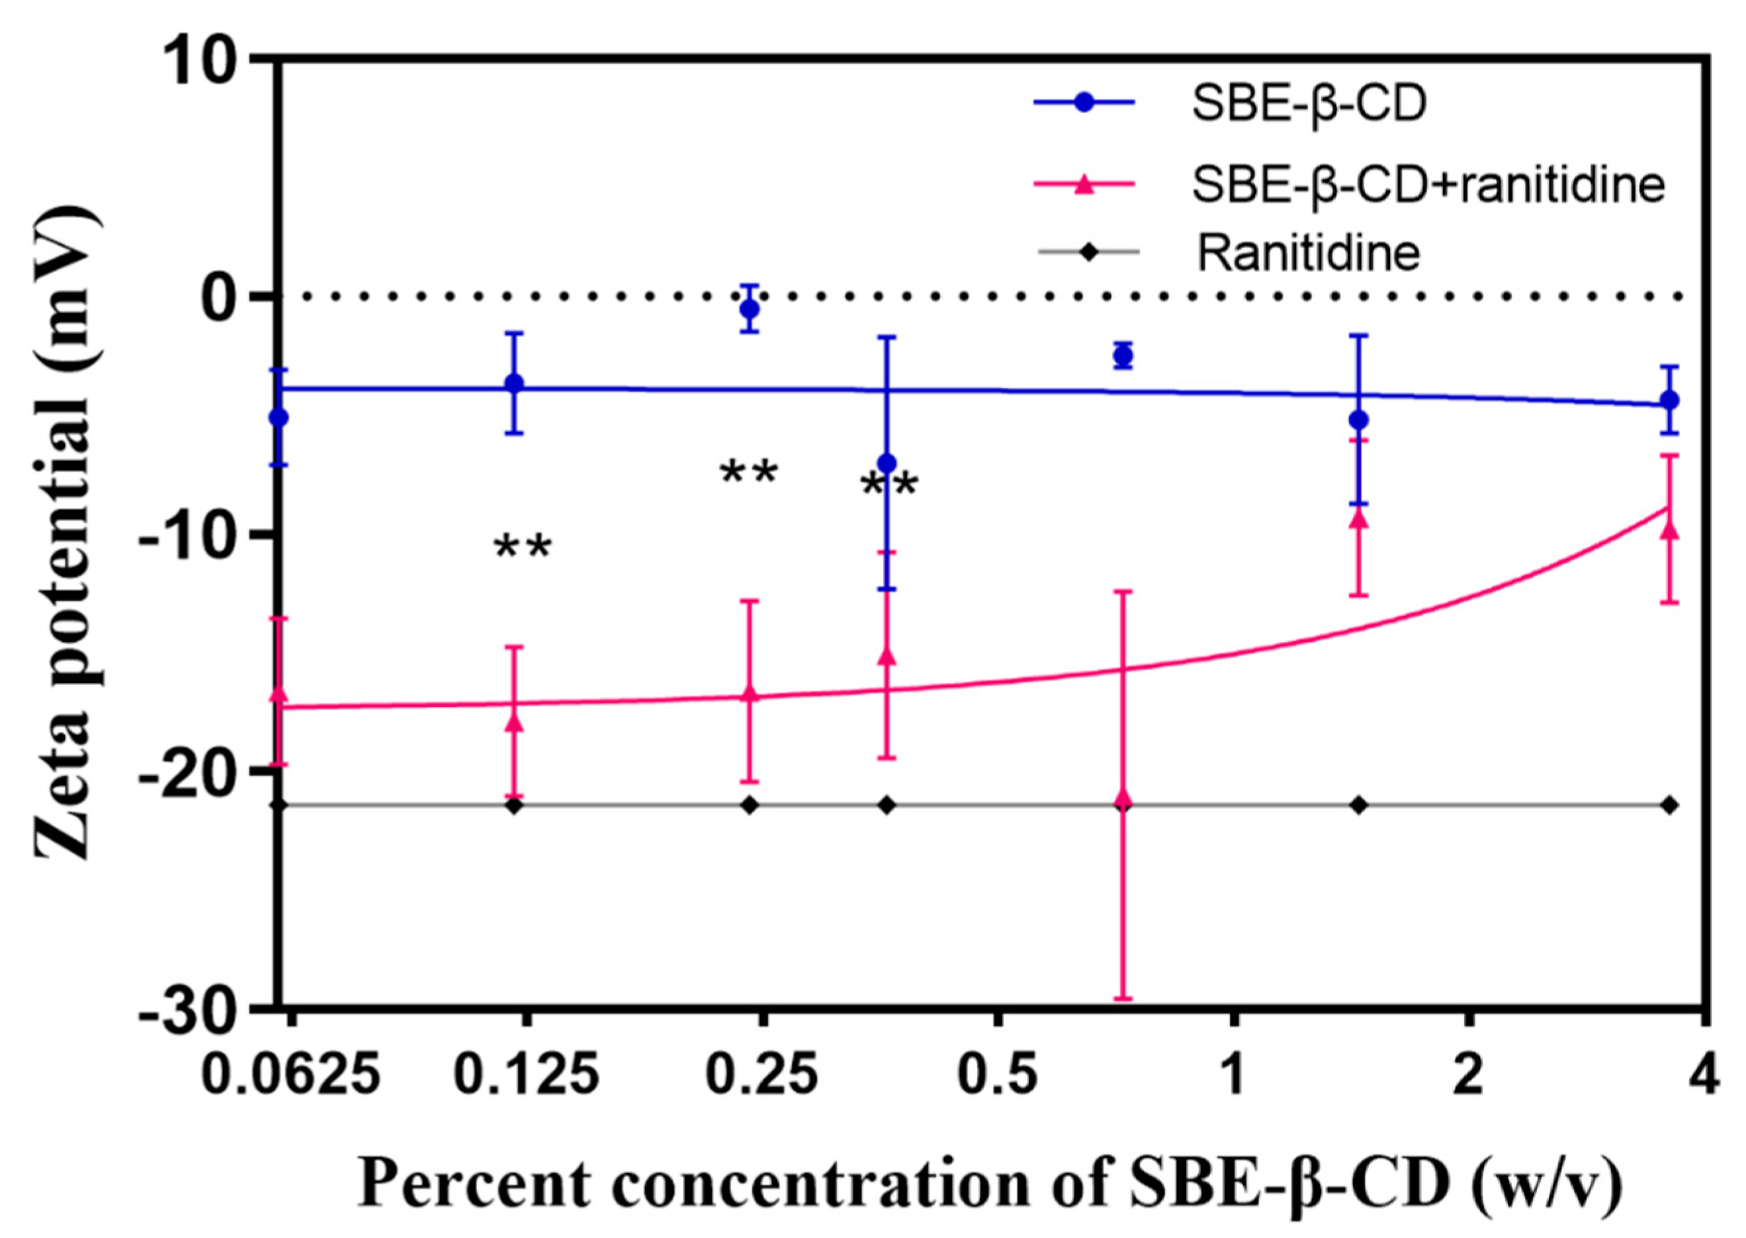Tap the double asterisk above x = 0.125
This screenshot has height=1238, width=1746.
point(523,547)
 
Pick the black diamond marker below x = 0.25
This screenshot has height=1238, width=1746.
point(750,805)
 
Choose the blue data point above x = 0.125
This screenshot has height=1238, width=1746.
point(515,382)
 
